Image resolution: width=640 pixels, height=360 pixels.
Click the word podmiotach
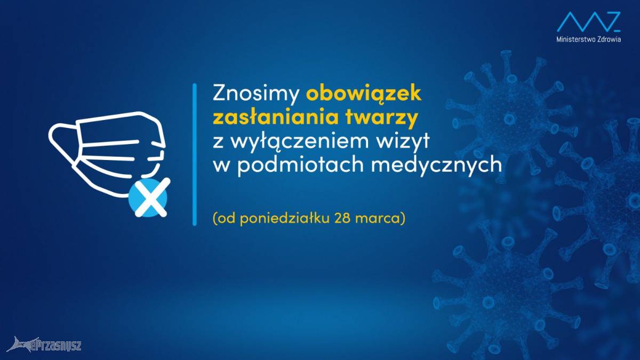click(x=301, y=165)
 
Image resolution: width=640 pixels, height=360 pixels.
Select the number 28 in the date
click(x=340, y=218)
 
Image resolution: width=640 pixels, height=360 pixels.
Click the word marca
click(x=375, y=219)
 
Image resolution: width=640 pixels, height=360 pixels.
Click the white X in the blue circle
click(x=151, y=197)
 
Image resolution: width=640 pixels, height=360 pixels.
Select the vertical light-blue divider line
click(x=195, y=154)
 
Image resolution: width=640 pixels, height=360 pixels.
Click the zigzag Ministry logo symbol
click(x=589, y=22)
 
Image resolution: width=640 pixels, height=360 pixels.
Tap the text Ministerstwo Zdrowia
click(x=589, y=39)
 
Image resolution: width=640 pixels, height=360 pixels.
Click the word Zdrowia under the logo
click(x=609, y=39)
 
